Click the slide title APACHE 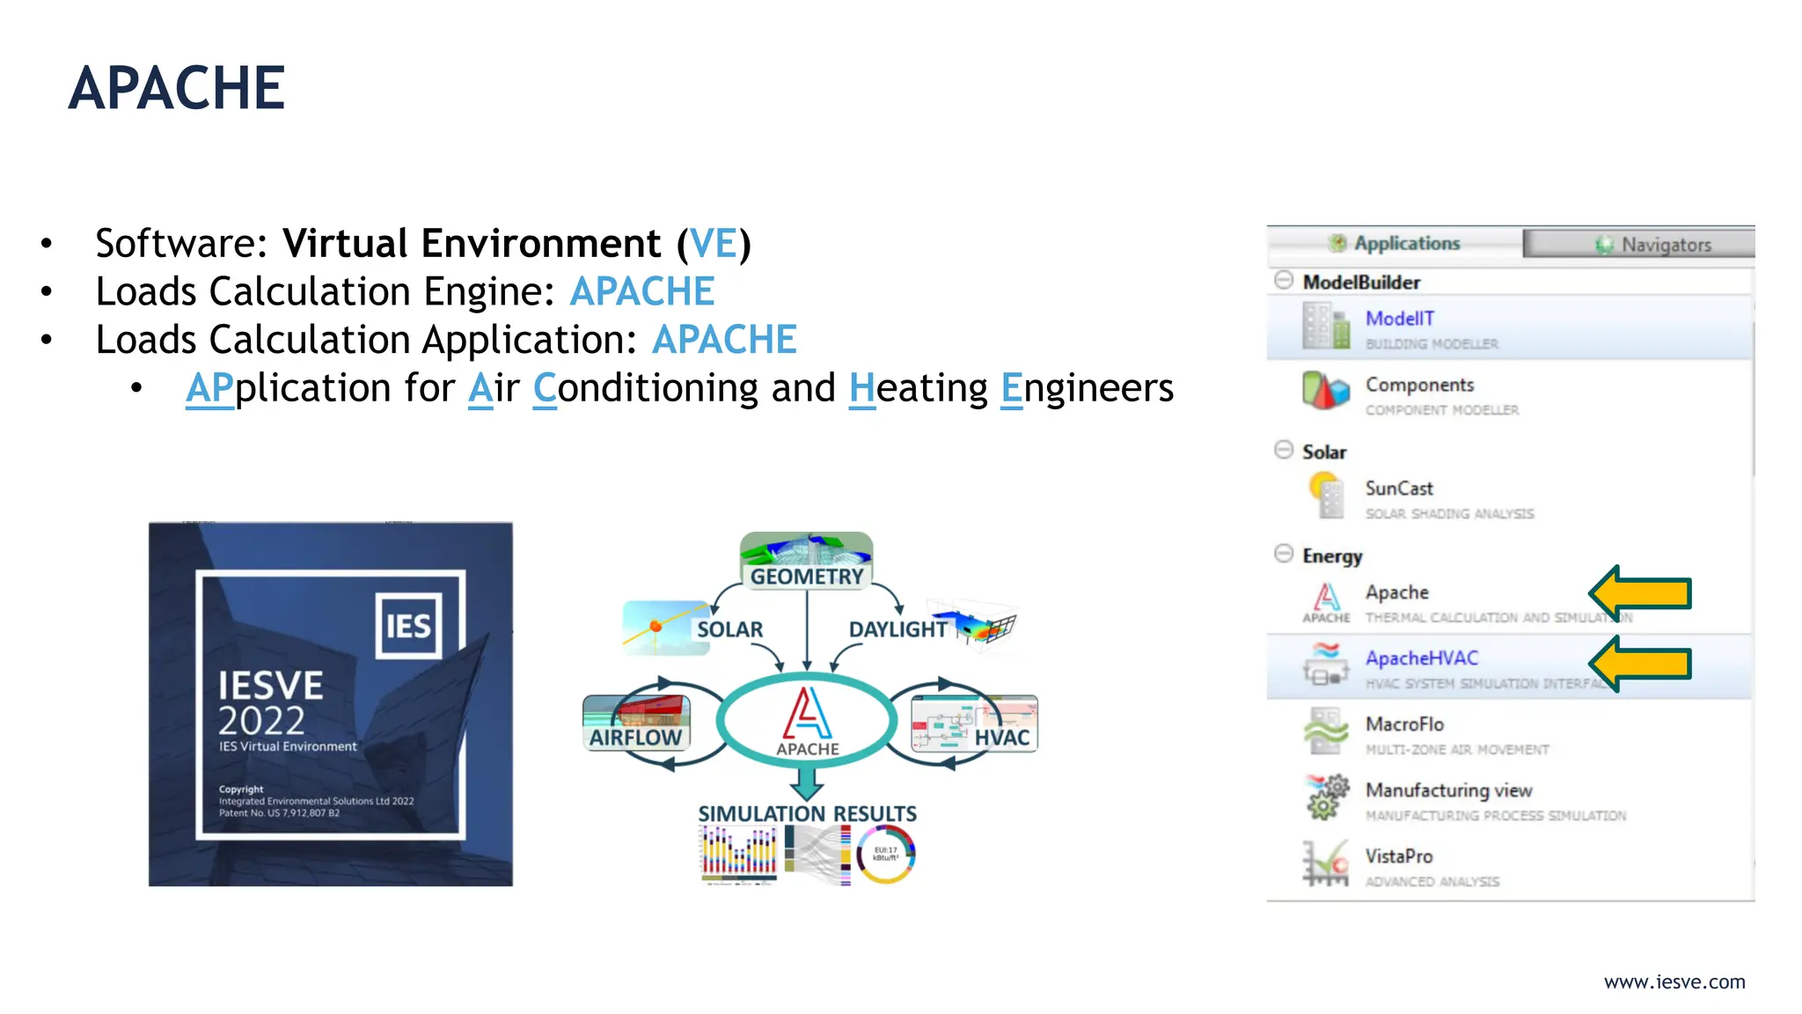[177, 88]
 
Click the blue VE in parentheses [713, 244]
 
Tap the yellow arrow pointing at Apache [1642, 592]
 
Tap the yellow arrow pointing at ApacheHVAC [1642, 664]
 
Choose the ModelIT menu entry [1399, 319]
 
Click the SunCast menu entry [1398, 489]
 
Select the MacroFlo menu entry [1404, 724]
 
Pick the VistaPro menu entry [1398, 856]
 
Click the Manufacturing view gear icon [1327, 797]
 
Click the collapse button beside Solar [1284, 450]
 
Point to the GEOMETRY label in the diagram [806, 577]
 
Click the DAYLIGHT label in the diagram [897, 629]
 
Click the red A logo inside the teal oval [807, 713]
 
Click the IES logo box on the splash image [408, 626]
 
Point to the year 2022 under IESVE [261, 721]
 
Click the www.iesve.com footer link [1674, 982]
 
